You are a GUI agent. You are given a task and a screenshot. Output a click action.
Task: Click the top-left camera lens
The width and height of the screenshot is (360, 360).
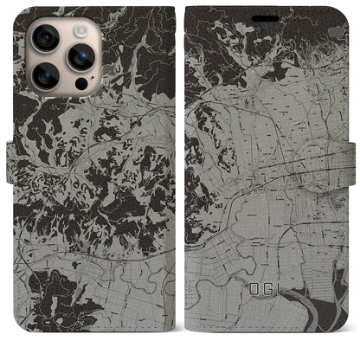(x=46, y=38)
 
